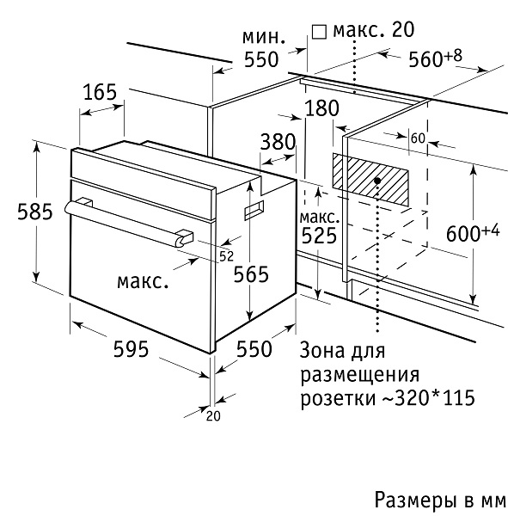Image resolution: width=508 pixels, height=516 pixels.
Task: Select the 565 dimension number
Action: point(252,274)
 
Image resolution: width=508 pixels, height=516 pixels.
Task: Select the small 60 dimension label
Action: point(419,138)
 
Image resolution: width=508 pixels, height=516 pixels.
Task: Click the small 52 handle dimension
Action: point(226,255)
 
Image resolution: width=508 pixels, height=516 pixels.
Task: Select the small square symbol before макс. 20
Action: point(319,32)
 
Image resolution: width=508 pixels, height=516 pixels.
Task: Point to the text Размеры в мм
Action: point(439,499)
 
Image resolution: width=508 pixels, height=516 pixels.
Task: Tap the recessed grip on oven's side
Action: point(255,209)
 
